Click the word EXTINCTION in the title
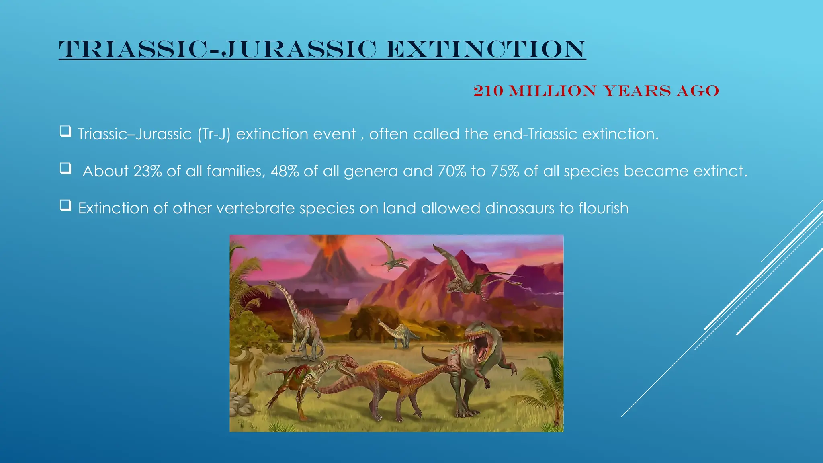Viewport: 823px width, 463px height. point(485,49)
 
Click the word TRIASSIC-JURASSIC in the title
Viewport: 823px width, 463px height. point(217,49)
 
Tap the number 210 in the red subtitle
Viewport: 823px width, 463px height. point(488,91)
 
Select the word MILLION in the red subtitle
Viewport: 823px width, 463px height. point(553,91)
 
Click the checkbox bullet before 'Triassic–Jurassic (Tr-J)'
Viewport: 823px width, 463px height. point(66,131)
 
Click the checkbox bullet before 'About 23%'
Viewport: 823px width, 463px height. point(66,168)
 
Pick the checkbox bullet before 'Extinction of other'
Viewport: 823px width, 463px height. point(66,205)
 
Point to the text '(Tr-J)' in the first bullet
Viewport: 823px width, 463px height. point(214,134)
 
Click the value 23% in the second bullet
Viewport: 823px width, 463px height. point(147,171)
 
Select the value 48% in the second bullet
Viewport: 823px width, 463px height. point(285,171)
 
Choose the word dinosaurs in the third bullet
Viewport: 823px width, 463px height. point(520,208)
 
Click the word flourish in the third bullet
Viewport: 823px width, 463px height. point(604,208)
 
